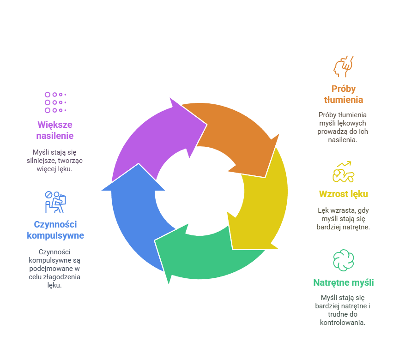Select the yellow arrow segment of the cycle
click(x=263, y=203)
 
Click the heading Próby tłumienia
click(x=343, y=94)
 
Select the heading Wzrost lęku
click(x=343, y=194)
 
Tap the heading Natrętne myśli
click(x=343, y=282)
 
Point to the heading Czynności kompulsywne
click(x=55, y=230)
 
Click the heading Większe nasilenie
click(x=55, y=130)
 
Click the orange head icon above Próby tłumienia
click(x=343, y=66)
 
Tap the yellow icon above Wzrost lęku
click(x=343, y=172)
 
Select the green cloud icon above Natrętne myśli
click(x=343, y=260)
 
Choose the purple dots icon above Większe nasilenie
click(x=55, y=102)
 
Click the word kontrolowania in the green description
click(x=343, y=322)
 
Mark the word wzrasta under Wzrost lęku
click(x=341, y=210)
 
